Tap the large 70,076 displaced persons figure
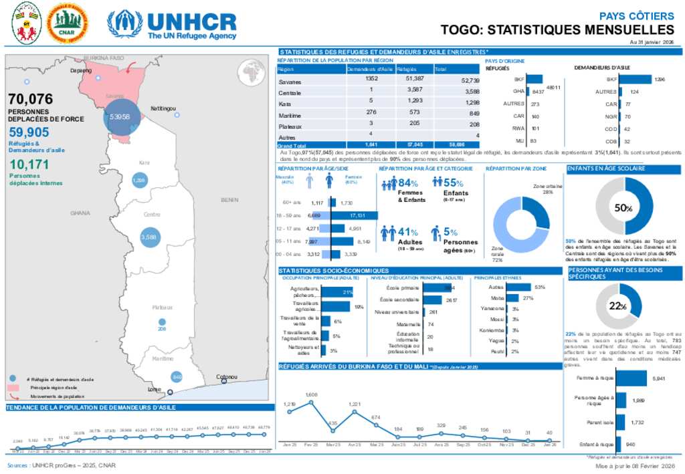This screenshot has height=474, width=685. [30, 100]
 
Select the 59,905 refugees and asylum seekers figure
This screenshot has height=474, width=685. [29, 132]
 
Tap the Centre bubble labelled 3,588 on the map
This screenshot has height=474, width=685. [148, 237]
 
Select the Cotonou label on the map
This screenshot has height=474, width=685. [227, 377]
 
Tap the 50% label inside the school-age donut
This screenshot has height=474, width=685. [624, 208]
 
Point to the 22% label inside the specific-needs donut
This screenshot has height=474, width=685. [617, 306]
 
